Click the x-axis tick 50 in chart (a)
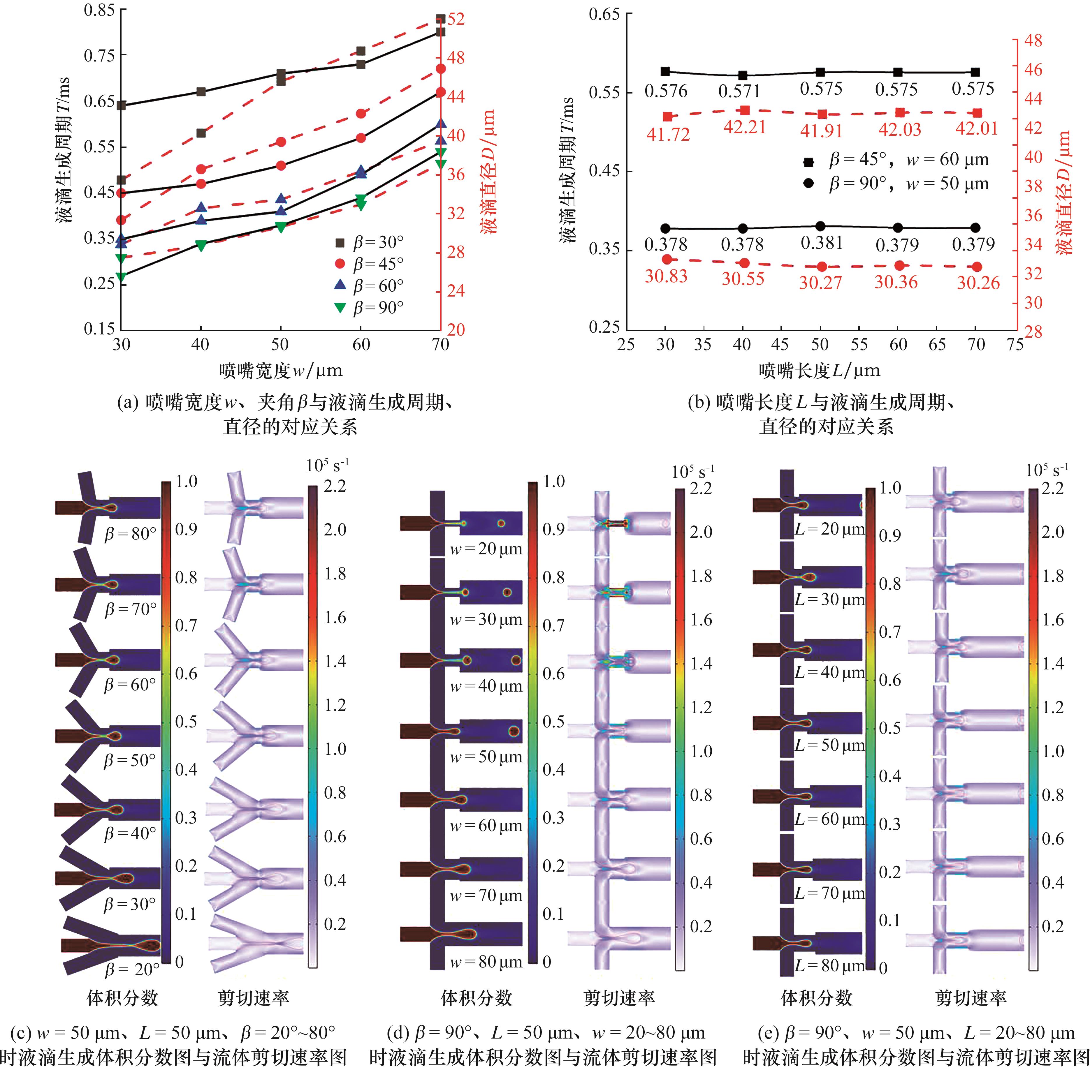point(280,344)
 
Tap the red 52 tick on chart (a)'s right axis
point(455,19)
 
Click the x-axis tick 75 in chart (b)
point(1015,344)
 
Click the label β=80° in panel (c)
point(130,533)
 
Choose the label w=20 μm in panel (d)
point(486,549)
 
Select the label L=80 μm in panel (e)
point(829,965)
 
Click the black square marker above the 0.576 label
point(666,71)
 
